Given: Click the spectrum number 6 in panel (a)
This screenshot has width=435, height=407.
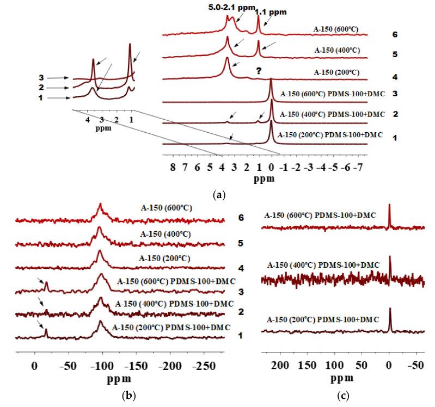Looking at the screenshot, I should pyautogui.click(x=394, y=35).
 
